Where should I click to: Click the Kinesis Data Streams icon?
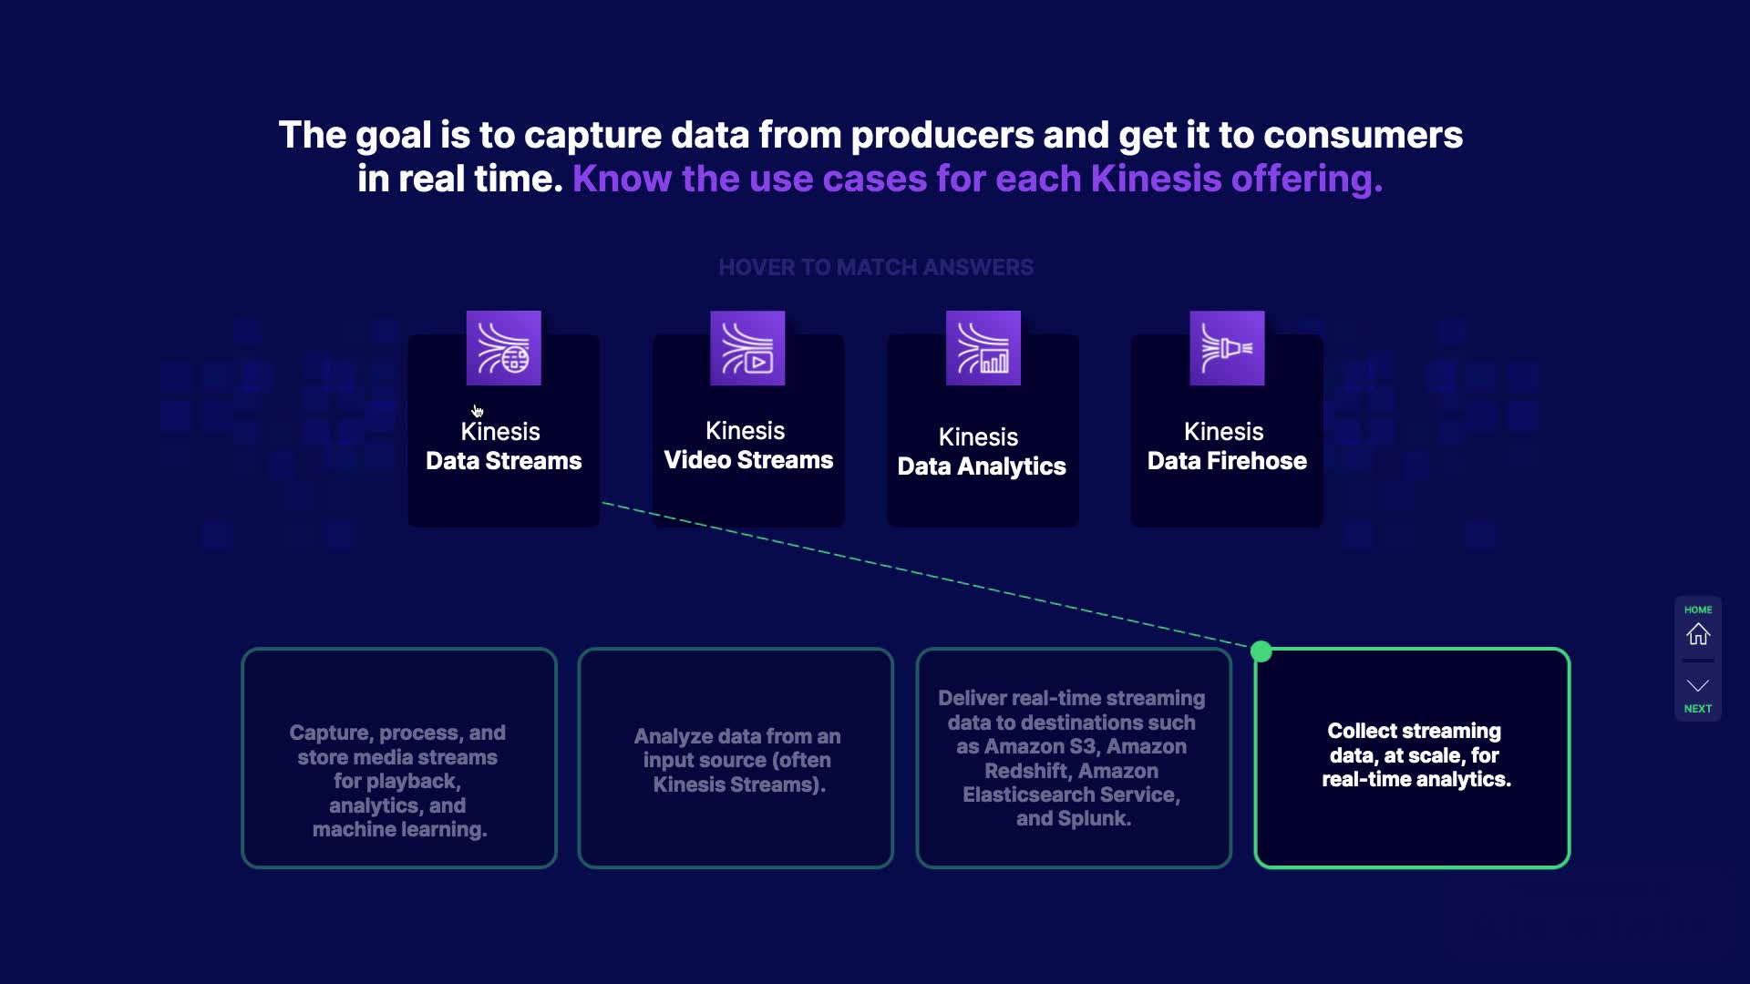pos(503,348)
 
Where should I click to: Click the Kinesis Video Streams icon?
pos(747,348)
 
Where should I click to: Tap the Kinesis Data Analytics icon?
pos(983,348)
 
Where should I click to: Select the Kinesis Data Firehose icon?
pos(1227,348)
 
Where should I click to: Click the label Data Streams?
pos(503,461)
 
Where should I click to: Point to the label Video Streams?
pos(748,460)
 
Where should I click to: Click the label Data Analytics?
pos(982,466)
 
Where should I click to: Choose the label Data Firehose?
pos(1227,461)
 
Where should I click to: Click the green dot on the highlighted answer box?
pos(1261,651)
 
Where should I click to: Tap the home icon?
pos(1698,634)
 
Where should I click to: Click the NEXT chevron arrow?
pos(1698,685)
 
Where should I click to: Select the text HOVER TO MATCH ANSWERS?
pos(876,267)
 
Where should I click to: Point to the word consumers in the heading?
pos(1363,135)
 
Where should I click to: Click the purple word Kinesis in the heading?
pos(1156,179)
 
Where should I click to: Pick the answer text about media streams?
pos(398,781)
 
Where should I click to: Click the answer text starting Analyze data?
pos(737,760)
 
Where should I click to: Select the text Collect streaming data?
pos(1415,743)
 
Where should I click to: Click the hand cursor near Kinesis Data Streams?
pos(478,411)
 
